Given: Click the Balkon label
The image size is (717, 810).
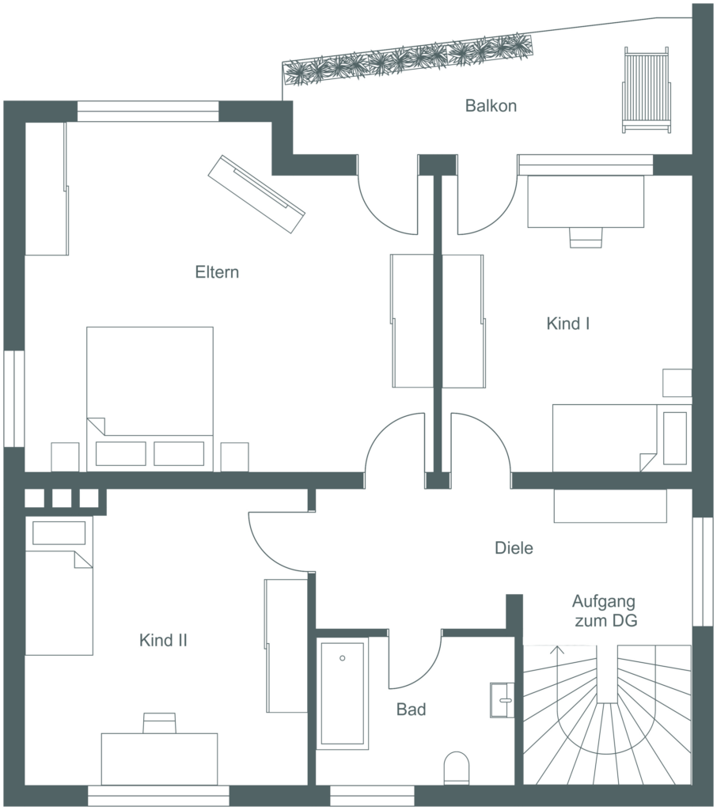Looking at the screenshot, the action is pyautogui.click(x=491, y=106).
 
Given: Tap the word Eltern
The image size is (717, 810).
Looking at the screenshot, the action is pyautogui.click(x=217, y=272).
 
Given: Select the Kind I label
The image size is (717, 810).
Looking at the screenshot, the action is pyautogui.click(x=568, y=324).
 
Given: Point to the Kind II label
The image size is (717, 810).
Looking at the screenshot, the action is pyautogui.click(x=163, y=641).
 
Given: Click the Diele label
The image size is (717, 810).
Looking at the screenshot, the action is pyautogui.click(x=514, y=548).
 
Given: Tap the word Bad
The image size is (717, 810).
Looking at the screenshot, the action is pyautogui.click(x=411, y=710).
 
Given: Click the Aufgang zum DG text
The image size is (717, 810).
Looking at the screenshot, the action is pyautogui.click(x=605, y=611).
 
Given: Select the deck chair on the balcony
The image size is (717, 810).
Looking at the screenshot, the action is pyautogui.click(x=647, y=90).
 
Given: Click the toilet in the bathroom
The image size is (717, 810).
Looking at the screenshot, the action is pyautogui.click(x=457, y=767).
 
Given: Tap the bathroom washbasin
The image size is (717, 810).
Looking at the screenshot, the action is pyautogui.click(x=502, y=700).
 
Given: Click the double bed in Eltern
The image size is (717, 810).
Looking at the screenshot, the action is pyautogui.click(x=150, y=399).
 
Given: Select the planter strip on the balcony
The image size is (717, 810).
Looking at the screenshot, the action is pyautogui.click(x=408, y=59).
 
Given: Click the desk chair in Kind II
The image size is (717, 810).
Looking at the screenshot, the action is pyautogui.click(x=159, y=723).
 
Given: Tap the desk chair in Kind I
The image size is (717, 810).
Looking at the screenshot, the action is pyautogui.click(x=586, y=237).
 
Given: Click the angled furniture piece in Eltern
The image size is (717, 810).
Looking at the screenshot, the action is pyautogui.click(x=256, y=195).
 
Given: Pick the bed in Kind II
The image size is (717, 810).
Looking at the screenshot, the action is pyautogui.click(x=59, y=586).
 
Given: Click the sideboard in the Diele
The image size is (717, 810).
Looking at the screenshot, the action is pyautogui.click(x=610, y=506).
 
